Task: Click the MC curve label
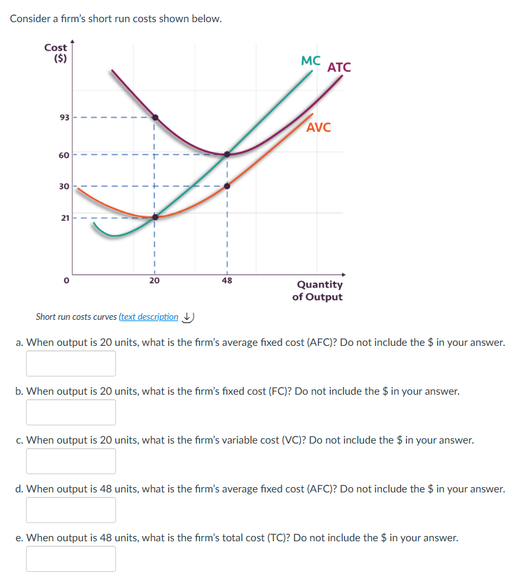tap(311, 61)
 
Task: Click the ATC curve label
tap(339, 67)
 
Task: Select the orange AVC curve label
tap(319, 128)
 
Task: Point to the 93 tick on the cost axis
tap(64, 118)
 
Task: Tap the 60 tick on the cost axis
tap(64, 154)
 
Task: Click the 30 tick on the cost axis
tap(64, 186)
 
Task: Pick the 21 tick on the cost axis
tap(64, 217)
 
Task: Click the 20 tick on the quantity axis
tap(154, 281)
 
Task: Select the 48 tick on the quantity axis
tap(227, 281)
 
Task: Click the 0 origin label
tap(65, 281)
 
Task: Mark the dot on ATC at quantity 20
tap(155, 118)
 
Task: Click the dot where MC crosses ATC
tap(227, 154)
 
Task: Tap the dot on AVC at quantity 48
tap(227, 186)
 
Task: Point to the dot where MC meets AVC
tap(155, 217)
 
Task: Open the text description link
tap(149, 317)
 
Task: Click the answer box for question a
tap(71, 363)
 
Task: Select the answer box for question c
tap(71, 461)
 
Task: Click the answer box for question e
tap(71, 559)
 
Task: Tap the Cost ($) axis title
tap(56, 52)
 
